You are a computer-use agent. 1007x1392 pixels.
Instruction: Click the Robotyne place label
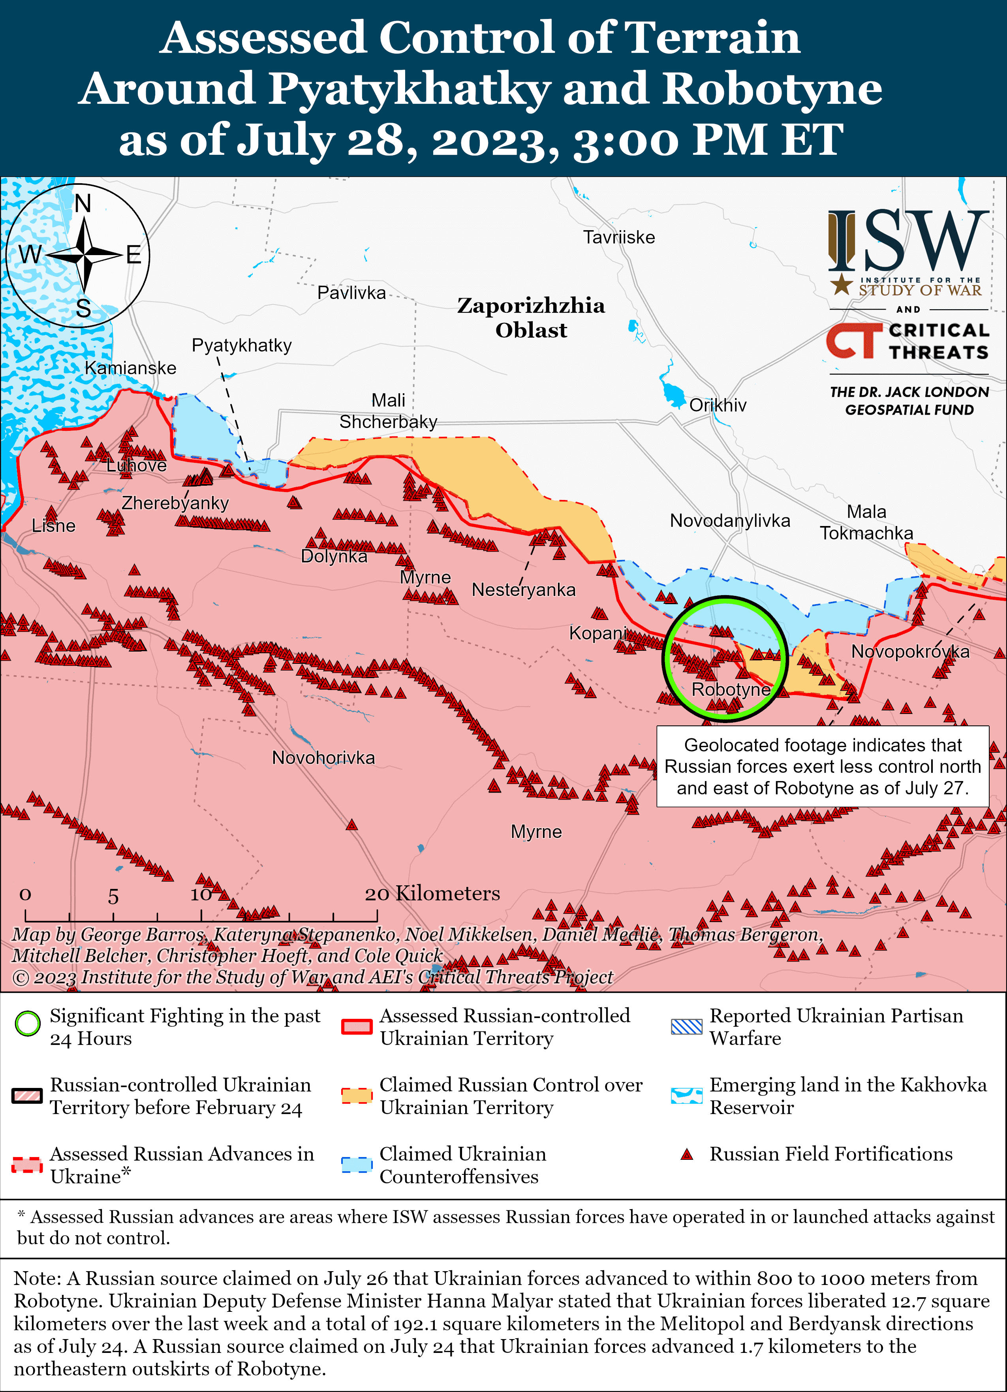tap(730, 689)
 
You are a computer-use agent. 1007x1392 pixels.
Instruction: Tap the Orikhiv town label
tap(718, 405)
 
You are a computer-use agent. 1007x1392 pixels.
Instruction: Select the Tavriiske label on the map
tap(618, 237)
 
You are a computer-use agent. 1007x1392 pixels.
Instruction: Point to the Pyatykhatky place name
tap(241, 346)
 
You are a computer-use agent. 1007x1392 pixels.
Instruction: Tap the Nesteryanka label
tap(524, 590)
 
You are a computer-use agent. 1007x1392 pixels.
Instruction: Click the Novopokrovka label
tap(909, 652)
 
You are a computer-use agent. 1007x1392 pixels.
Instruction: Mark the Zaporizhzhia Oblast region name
tap(531, 318)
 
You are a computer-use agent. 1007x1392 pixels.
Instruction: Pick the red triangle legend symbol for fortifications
tap(687, 1155)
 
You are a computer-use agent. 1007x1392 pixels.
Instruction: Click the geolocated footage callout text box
tap(822, 766)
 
